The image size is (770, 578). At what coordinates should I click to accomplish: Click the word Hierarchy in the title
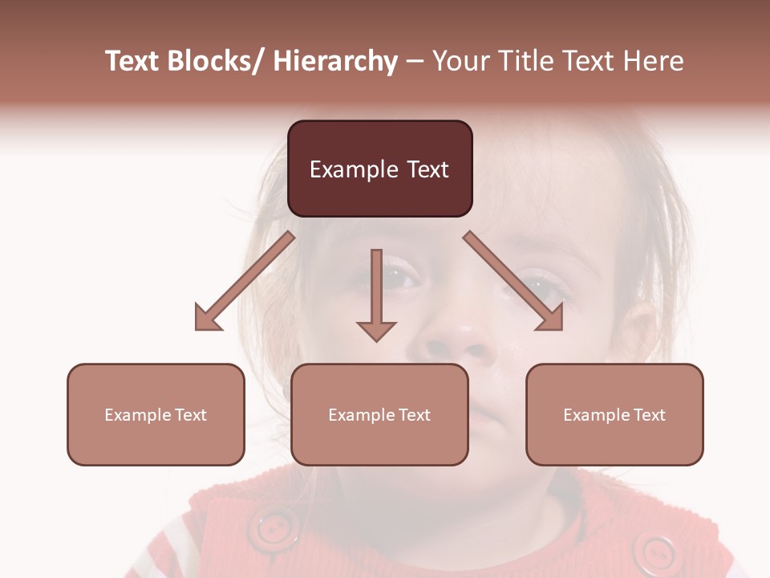(335, 61)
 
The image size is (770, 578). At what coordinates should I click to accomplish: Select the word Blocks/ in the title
(214, 61)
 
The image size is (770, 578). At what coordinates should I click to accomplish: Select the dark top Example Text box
(379, 169)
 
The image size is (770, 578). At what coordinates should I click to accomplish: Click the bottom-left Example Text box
(156, 414)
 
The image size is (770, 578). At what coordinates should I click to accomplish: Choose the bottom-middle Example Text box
(379, 414)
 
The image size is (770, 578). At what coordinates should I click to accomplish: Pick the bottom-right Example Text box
(614, 414)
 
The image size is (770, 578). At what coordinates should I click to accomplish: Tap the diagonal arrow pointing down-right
(513, 281)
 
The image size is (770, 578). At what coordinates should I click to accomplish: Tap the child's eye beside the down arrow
(401, 278)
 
